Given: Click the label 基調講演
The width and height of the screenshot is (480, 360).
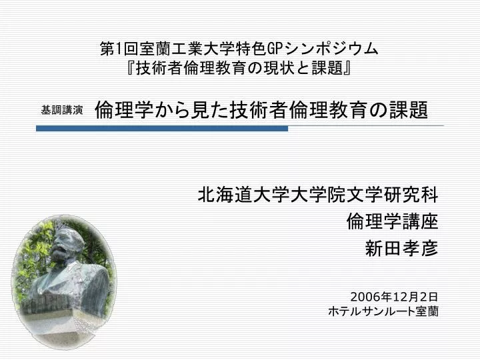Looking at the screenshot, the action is [62, 110].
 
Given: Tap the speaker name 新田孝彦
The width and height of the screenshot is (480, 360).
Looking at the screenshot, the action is [401, 248].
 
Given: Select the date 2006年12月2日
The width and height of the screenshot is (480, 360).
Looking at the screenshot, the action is [394, 297].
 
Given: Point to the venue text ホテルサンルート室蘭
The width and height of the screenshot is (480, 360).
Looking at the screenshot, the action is [383, 311].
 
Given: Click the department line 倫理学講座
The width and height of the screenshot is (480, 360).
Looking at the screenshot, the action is [393, 221].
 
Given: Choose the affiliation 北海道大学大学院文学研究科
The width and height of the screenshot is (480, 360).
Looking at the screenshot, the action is [318, 195].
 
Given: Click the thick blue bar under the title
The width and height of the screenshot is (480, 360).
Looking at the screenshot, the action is [162, 129].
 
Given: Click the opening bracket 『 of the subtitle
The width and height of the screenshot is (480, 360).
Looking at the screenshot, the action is [131, 68].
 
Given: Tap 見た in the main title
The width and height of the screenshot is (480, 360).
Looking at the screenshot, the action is [209, 110].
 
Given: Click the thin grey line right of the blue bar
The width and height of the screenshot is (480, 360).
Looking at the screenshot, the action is [366, 125].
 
